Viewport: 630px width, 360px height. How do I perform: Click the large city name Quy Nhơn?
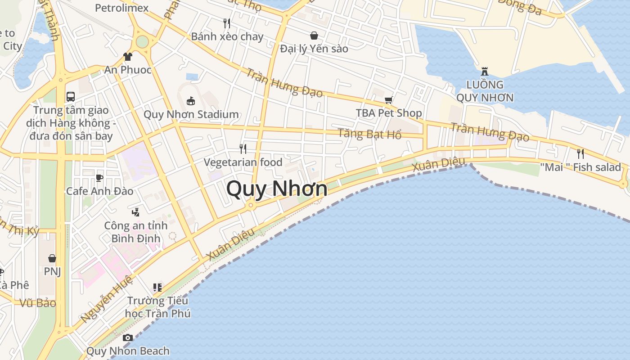coord(277,188)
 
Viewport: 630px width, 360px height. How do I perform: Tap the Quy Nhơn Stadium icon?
coord(191,100)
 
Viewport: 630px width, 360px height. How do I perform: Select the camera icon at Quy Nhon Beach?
coord(128,337)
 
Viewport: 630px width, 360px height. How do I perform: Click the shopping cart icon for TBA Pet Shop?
coord(388,100)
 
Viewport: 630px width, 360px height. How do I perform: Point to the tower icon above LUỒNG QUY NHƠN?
coord(484,71)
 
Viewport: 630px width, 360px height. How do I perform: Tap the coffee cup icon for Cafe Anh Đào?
coord(99,178)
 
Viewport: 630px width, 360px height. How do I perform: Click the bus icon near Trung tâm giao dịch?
coord(71,96)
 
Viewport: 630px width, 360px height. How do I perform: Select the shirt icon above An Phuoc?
coord(128,57)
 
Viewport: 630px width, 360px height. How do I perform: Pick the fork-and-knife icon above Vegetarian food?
coord(243,148)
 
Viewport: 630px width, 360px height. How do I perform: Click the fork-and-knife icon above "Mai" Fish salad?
coord(580,153)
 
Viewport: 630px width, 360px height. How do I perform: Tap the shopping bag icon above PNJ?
coord(52,258)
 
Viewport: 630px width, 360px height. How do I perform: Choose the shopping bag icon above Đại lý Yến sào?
coord(314,35)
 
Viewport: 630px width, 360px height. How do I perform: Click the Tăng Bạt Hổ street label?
coord(369,134)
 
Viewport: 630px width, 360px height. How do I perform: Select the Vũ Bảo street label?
coord(38,303)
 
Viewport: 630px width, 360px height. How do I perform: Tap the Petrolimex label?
coord(122,8)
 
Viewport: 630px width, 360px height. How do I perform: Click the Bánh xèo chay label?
coord(227,36)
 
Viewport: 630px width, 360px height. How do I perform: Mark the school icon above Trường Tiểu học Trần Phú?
coord(157,287)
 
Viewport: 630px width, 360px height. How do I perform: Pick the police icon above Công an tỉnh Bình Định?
coord(135,211)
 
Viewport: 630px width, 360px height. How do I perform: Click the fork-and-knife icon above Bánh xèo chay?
coord(227,22)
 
